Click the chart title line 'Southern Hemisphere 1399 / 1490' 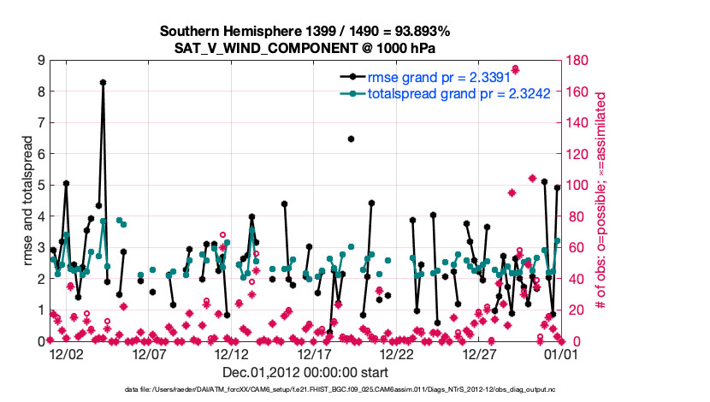tap(305, 31)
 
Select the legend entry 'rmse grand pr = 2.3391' tap(434, 77)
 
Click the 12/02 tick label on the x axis tap(67, 352)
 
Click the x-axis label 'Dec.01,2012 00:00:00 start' tap(305, 372)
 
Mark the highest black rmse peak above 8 tap(103, 83)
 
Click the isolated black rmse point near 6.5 tap(351, 139)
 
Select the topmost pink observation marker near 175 tap(516, 69)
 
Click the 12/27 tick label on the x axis tap(480, 352)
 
